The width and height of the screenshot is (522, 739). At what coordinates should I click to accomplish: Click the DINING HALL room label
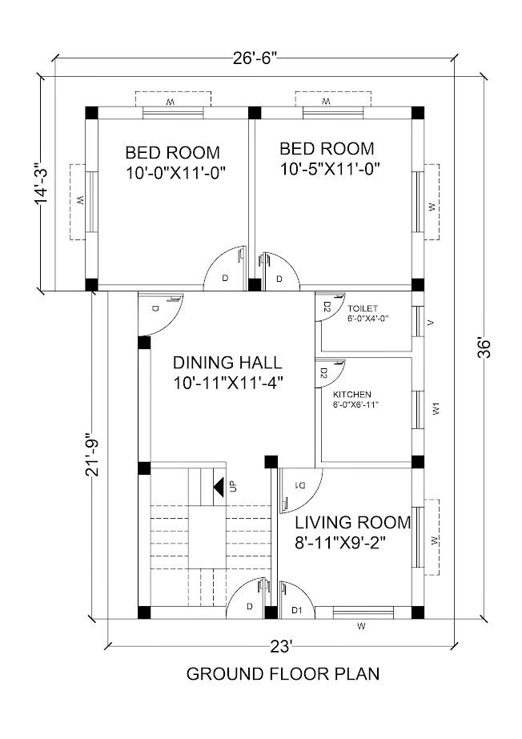coord(228,362)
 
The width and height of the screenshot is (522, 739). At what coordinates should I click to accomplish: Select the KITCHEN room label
coord(351,394)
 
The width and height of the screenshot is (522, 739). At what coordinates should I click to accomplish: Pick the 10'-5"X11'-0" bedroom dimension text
coord(329,169)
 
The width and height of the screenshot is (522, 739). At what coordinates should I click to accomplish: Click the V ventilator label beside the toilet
coord(432,322)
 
